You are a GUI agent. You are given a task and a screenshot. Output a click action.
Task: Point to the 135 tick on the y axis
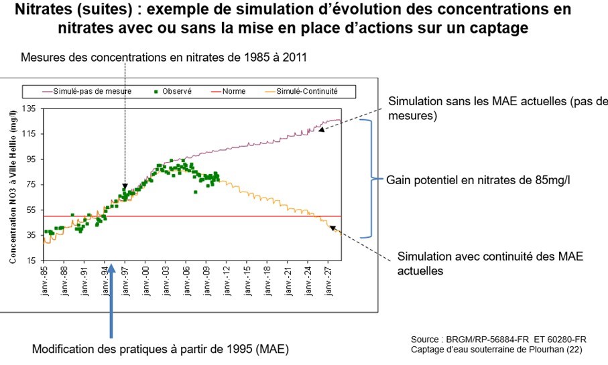31,108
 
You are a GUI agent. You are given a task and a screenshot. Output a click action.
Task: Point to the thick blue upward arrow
111,315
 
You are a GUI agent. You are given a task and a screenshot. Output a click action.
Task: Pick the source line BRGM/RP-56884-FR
499,339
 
